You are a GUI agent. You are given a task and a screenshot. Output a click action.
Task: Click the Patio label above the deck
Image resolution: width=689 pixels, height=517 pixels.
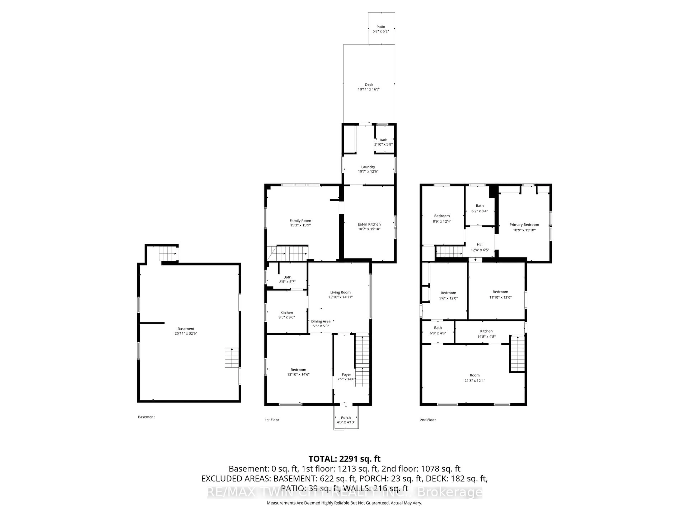click(x=380, y=27)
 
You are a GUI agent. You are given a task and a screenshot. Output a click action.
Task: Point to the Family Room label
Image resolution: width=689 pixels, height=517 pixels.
click(x=300, y=220)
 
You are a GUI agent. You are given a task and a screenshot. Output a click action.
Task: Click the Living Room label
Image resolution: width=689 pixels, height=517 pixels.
click(x=340, y=292)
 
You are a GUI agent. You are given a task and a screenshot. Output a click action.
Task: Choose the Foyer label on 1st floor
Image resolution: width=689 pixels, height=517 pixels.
click(x=346, y=375)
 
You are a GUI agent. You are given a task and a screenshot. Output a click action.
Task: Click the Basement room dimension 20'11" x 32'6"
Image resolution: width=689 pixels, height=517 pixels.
click(x=186, y=333)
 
